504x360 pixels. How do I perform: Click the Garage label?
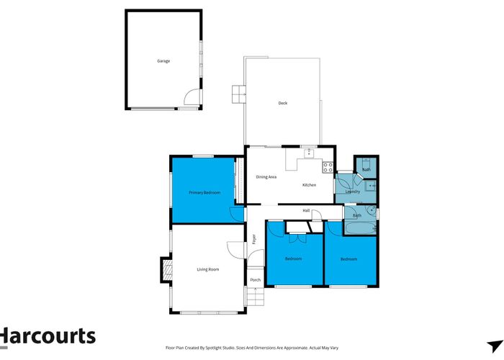click(163, 61)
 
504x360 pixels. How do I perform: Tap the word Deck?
click(283, 103)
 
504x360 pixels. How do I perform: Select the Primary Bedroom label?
click(204, 193)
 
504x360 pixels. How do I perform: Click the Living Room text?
click(208, 269)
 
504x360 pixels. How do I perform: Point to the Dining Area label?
click(266, 177)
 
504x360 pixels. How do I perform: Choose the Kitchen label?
click(309, 185)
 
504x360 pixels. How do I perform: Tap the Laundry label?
click(353, 192)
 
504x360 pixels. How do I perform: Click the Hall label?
click(306, 210)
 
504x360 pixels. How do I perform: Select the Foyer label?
click(254, 239)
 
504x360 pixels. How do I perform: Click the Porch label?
click(255, 280)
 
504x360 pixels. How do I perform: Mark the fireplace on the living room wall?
click(167, 271)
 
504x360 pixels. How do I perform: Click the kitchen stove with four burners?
click(328, 167)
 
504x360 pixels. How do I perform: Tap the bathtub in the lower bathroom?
click(359, 228)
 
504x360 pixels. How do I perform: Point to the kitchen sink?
click(309, 152)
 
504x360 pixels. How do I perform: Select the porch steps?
click(255, 296)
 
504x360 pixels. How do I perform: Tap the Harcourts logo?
click(48, 336)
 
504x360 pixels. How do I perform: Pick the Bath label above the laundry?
click(366, 169)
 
